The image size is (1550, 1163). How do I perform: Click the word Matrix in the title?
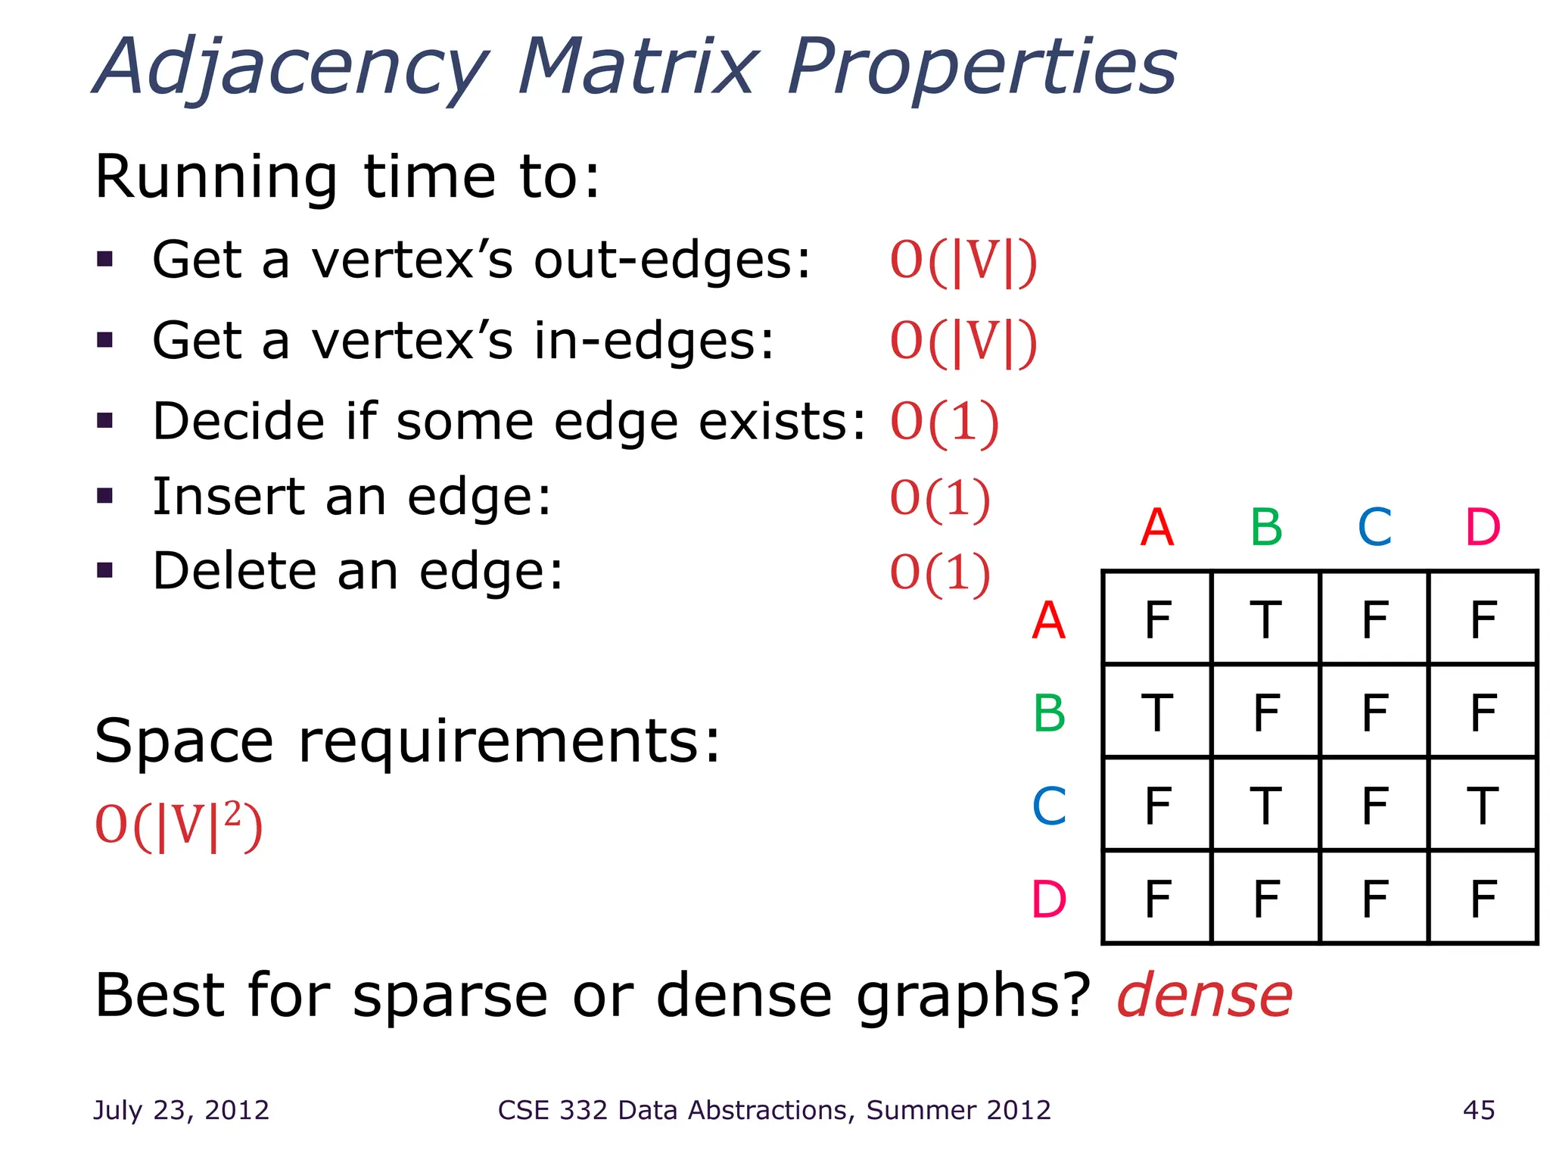click(638, 68)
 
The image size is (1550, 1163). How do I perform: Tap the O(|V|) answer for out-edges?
click(963, 261)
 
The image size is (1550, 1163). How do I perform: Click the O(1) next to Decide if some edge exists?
click(944, 422)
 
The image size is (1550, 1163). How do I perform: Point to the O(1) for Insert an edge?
click(939, 498)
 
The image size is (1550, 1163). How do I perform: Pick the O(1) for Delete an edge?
click(939, 572)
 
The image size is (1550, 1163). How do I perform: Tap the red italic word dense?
click(1204, 996)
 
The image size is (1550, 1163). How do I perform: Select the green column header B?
click(1266, 527)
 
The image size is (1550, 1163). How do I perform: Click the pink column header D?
click(1483, 527)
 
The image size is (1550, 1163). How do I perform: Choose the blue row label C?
click(1049, 806)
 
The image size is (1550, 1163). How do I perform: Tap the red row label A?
click(1049, 621)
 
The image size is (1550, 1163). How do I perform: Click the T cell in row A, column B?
click(1265, 619)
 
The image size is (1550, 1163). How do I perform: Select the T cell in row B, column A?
click(1157, 712)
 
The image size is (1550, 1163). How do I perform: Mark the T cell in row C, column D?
click(1483, 806)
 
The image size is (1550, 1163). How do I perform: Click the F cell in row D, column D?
click(1483, 899)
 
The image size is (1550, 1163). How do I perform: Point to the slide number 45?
click(1479, 1110)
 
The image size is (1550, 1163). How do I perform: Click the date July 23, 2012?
click(181, 1110)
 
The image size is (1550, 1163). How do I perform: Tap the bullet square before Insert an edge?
click(105, 497)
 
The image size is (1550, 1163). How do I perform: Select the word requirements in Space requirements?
click(509, 741)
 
